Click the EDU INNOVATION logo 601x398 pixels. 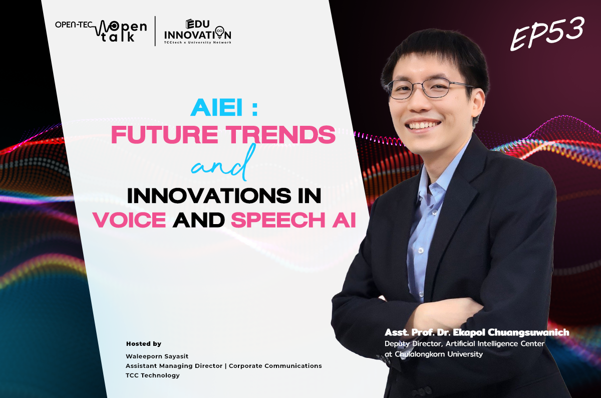coord(198,32)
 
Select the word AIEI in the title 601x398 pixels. coord(216,107)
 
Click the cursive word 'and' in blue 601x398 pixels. coord(222,164)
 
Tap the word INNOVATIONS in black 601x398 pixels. coord(209,195)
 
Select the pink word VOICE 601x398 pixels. coord(130,220)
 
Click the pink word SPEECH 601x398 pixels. coord(278,220)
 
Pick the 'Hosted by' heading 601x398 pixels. coord(144,344)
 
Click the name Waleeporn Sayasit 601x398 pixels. coord(157,356)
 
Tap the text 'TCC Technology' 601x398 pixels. coord(152,375)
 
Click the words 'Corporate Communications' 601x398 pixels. coord(275,366)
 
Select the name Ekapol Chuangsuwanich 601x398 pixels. coord(511,332)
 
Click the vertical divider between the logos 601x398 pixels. coord(155,31)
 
